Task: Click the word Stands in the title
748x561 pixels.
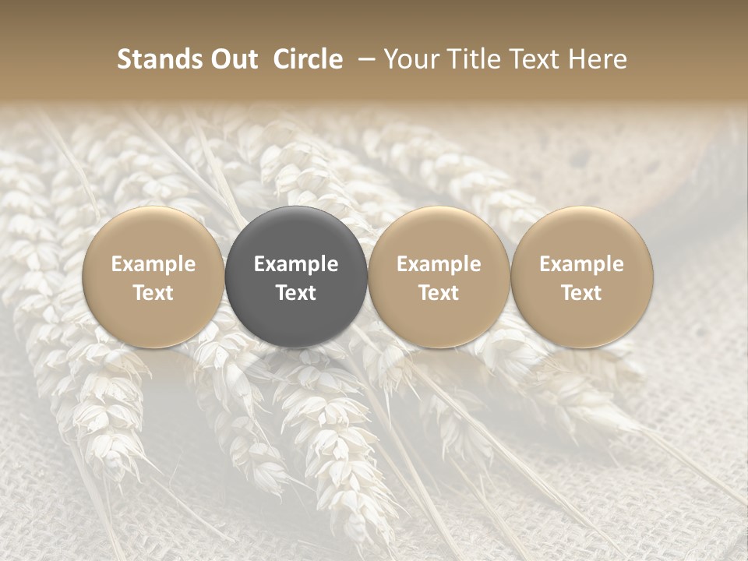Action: (x=158, y=59)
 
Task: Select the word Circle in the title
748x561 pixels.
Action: (x=308, y=59)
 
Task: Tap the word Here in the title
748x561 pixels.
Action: (x=598, y=59)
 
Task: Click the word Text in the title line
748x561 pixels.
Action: (x=533, y=59)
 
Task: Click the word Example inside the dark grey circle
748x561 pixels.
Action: (x=296, y=264)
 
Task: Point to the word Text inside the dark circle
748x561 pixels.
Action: (x=296, y=293)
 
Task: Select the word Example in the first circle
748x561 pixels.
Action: (x=153, y=264)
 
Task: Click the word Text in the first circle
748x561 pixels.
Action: (x=153, y=293)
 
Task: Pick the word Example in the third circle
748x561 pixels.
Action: (x=439, y=264)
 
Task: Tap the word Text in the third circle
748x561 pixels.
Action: (x=439, y=293)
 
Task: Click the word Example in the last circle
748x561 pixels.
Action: (x=582, y=264)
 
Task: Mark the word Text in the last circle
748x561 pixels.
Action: (x=582, y=293)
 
